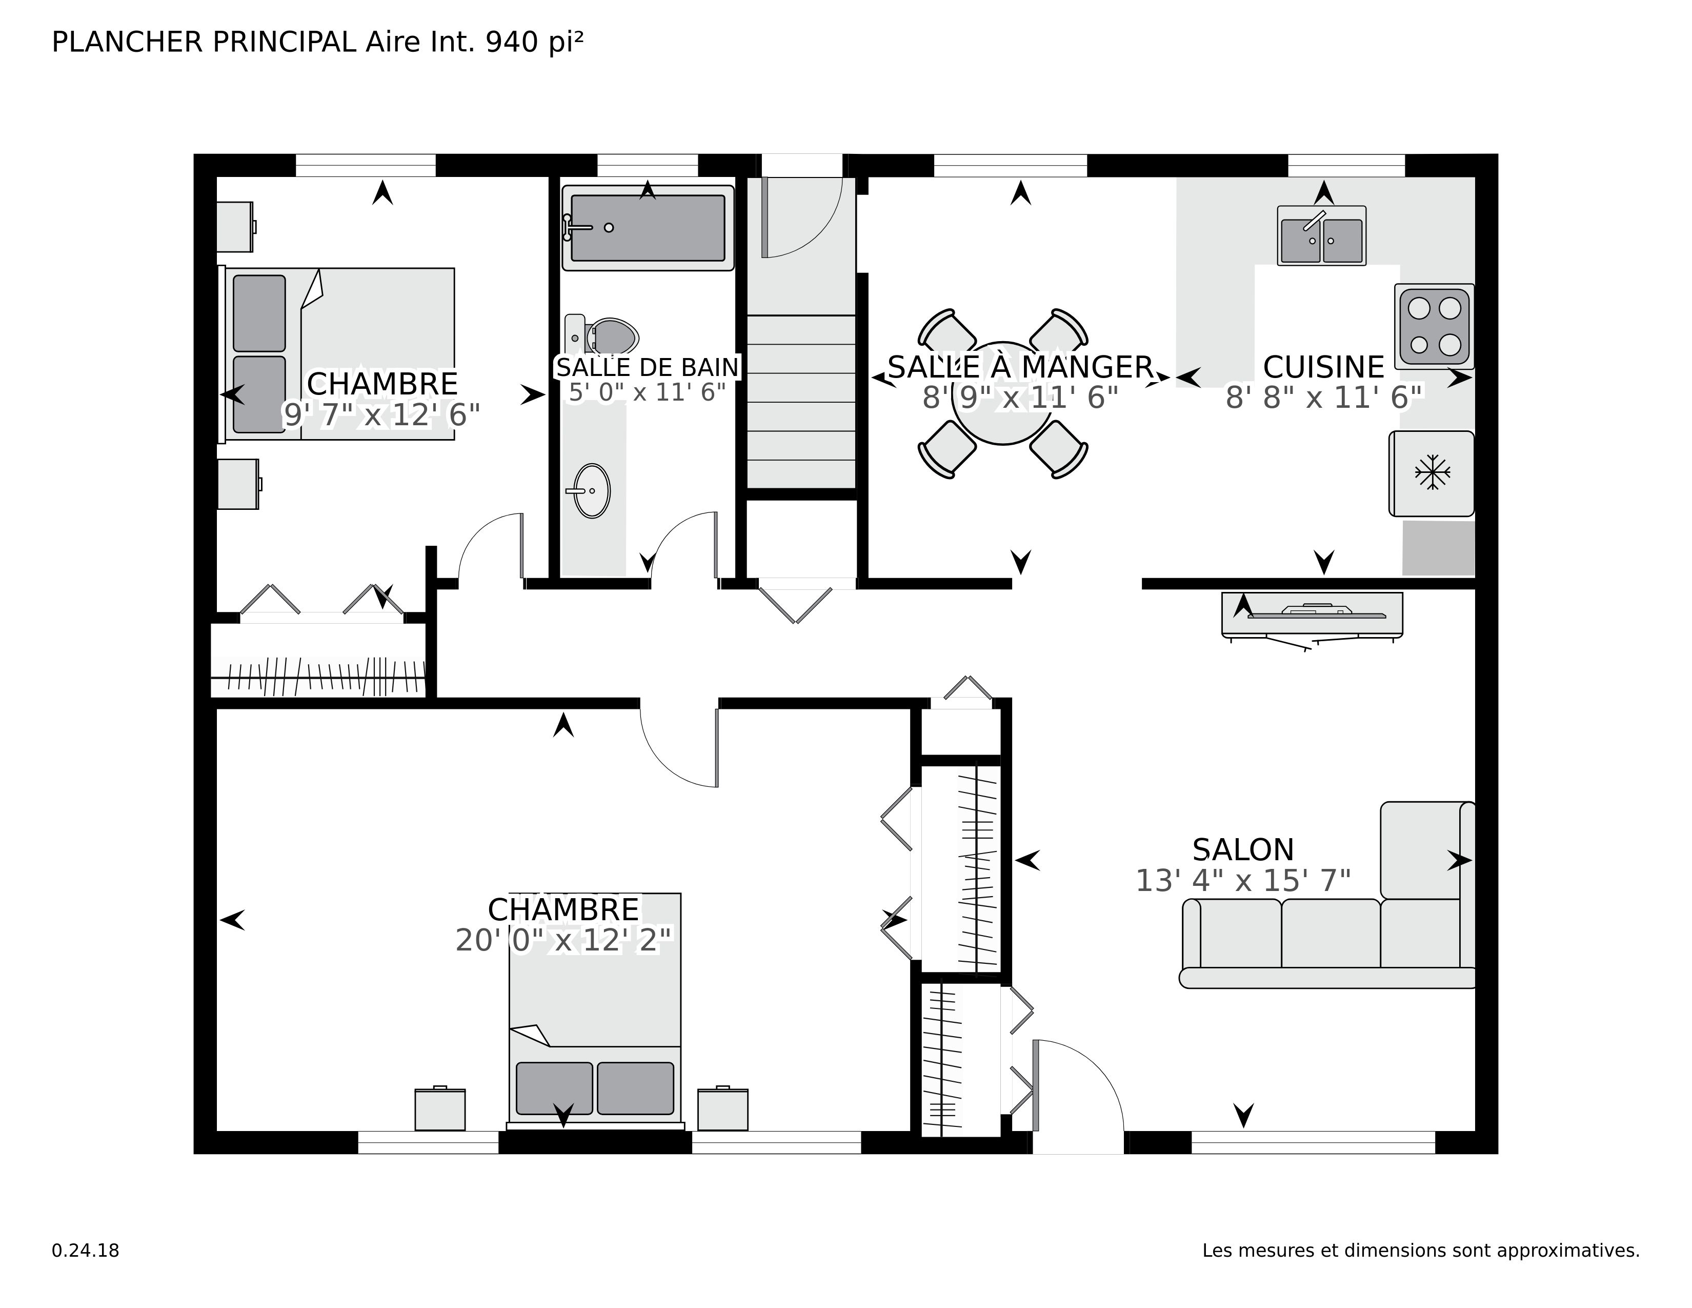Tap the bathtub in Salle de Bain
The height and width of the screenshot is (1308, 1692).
648,228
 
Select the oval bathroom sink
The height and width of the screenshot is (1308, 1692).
592,490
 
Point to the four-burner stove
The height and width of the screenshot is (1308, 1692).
1434,326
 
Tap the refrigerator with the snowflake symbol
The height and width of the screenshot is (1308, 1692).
1432,473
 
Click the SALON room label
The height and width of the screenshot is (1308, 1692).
1243,850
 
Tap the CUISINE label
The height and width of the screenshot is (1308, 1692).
1323,367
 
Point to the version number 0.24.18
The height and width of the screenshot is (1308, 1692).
85,1251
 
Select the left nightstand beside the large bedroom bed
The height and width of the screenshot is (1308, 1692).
440,1109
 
